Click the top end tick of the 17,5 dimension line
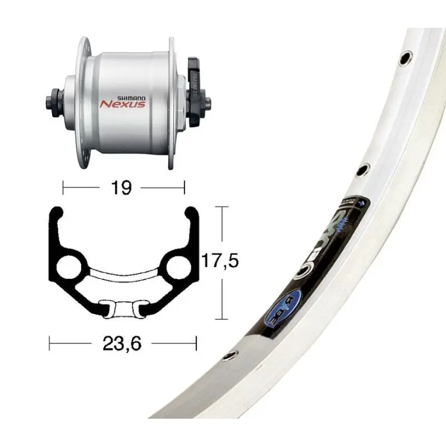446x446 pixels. (222, 207)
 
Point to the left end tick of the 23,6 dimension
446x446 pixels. (50, 344)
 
